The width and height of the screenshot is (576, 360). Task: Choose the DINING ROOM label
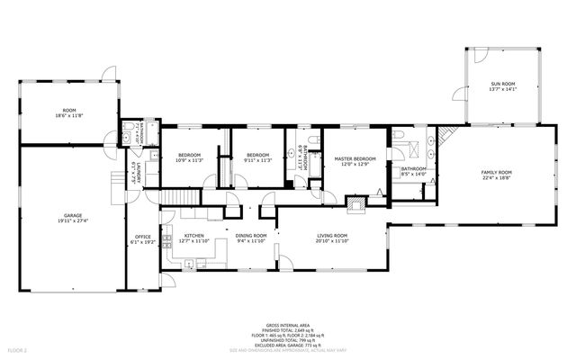point(252,236)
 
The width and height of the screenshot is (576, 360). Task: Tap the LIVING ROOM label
point(331,236)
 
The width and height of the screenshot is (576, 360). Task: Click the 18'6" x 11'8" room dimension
point(69,115)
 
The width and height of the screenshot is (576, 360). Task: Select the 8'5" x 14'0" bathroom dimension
point(414,174)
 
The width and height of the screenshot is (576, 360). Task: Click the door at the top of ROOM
point(107,73)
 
